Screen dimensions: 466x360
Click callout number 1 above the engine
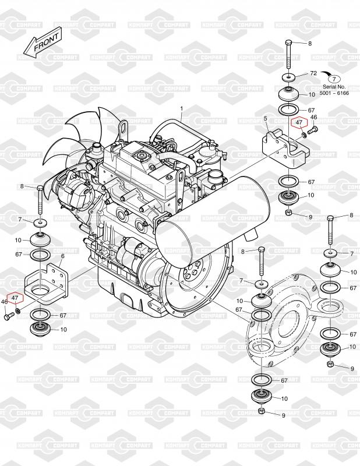pyautogui.click(x=181, y=108)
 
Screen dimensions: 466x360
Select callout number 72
pyautogui.click(x=313, y=74)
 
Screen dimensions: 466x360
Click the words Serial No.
pyautogui.click(x=334, y=86)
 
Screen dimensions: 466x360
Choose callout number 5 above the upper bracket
pyautogui.click(x=265, y=119)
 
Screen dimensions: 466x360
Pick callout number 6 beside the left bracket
pyautogui.click(x=62, y=256)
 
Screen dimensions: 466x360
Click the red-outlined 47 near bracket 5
pyautogui.click(x=299, y=123)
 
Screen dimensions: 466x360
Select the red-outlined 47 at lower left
pyautogui.click(x=16, y=298)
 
